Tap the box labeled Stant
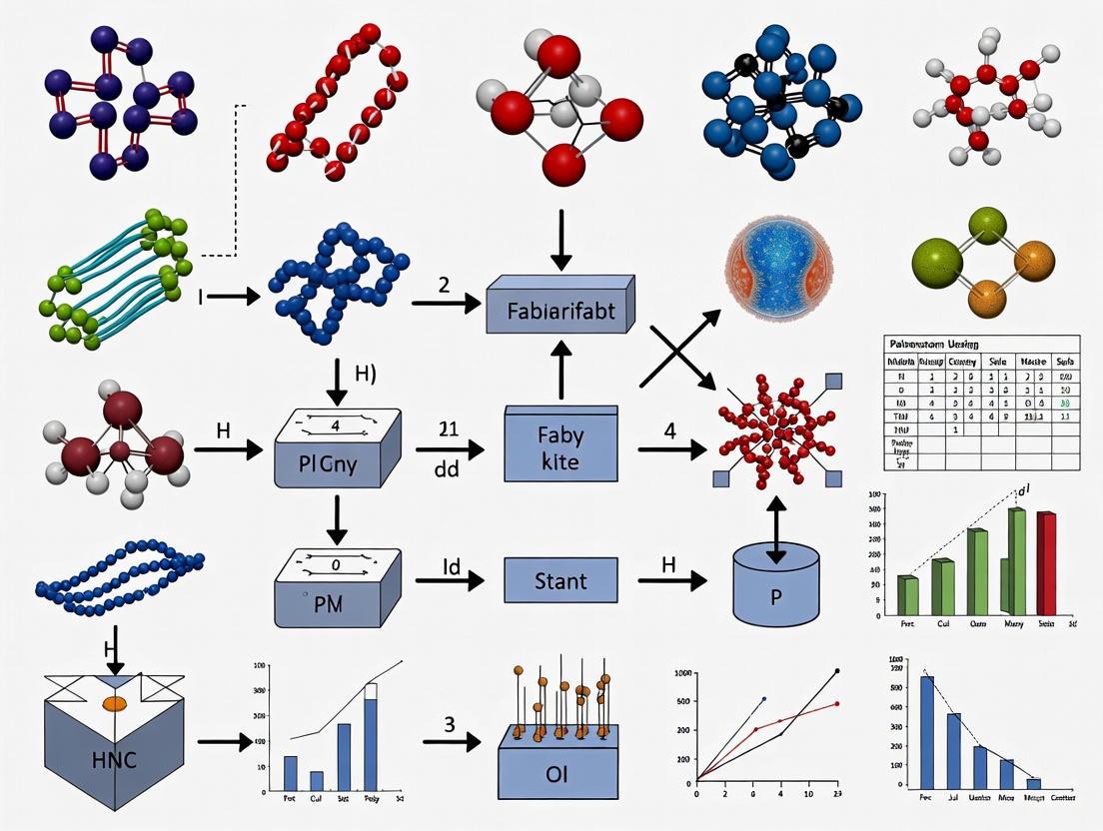coord(559,579)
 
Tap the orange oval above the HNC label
coord(114,703)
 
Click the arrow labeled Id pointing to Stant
coord(450,579)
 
